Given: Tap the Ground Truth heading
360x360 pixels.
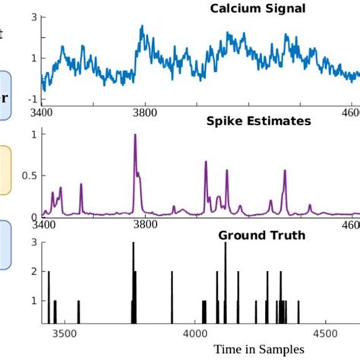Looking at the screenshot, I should pos(262,235).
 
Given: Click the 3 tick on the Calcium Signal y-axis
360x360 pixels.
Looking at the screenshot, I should pos(33,17).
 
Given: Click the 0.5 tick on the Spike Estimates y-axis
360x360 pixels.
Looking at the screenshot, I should pos(29,176).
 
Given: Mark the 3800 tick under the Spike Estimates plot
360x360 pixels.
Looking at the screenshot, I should pos(144,225).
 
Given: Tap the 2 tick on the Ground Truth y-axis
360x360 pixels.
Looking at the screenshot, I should pos(33,271).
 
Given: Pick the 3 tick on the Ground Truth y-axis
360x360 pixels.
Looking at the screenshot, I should pos(33,243).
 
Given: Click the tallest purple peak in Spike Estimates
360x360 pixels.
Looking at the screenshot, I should pos(135,137).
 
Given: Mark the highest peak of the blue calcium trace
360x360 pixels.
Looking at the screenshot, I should pos(141,27).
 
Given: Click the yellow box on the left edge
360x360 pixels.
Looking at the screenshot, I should pos(5,171).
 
